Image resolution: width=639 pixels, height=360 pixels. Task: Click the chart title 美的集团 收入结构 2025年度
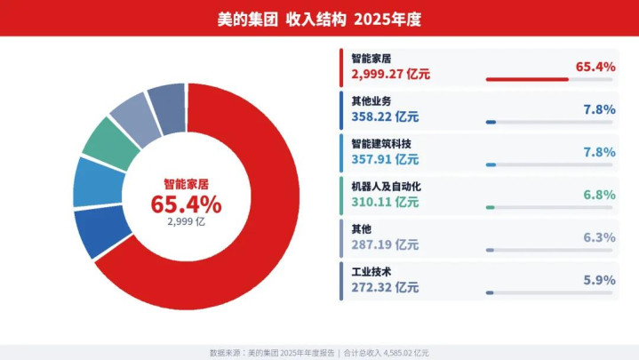[x=319, y=18]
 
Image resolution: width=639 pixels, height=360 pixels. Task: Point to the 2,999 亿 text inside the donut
[x=186, y=223]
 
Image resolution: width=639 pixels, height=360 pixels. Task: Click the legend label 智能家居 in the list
[x=371, y=58]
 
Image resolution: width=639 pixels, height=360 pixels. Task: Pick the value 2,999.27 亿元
[x=391, y=75]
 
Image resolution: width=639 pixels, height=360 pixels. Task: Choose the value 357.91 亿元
[x=385, y=160]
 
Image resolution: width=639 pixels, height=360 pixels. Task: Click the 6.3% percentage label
[x=598, y=237]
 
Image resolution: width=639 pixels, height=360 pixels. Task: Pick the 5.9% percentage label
[x=598, y=280]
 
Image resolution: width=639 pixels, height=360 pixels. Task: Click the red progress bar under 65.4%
[x=527, y=79]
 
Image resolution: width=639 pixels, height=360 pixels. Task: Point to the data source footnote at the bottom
[x=319, y=352]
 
